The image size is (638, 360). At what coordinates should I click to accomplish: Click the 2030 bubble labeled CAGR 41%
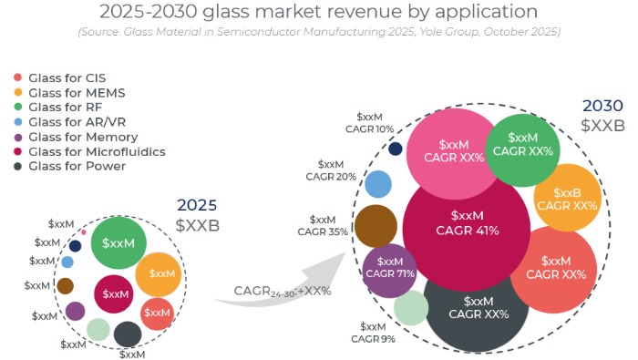[x=466, y=223]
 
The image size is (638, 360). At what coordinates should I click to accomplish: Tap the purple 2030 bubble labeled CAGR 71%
[x=389, y=272]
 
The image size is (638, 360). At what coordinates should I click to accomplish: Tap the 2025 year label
[x=196, y=205]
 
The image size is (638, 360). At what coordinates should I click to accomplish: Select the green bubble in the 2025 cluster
[x=118, y=243]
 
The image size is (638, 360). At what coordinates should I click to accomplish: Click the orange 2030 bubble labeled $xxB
[x=567, y=199]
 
